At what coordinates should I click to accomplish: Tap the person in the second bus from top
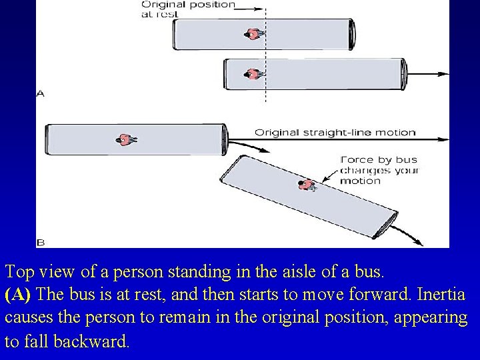253,74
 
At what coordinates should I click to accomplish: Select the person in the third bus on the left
125,139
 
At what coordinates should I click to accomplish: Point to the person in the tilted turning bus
306,185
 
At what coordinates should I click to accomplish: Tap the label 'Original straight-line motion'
335,132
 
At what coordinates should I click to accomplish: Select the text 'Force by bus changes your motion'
379,170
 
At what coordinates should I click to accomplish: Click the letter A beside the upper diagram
41,94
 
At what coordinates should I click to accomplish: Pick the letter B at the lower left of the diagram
41,241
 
